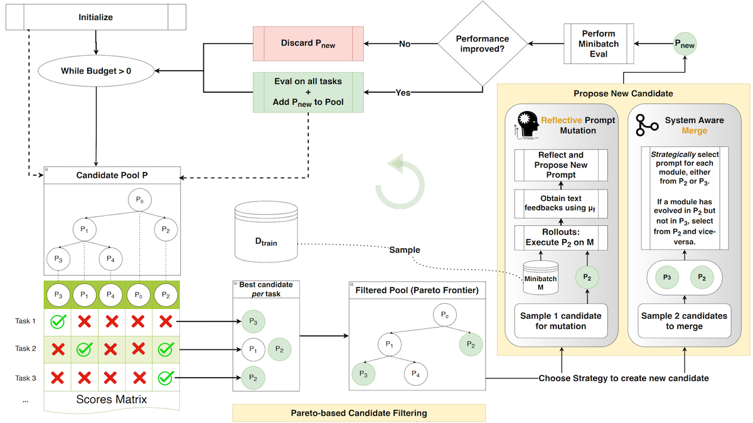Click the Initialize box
click(x=95, y=18)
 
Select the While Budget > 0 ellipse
click(x=95, y=71)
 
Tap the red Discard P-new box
click(x=309, y=43)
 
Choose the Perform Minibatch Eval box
click(x=599, y=43)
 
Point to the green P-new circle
click(x=685, y=44)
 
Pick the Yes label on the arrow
click(x=403, y=92)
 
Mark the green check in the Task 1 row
click(x=58, y=321)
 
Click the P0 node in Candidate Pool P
click(x=139, y=201)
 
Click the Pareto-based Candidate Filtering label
click(x=359, y=412)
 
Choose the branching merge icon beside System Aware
click(x=646, y=126)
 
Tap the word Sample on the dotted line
click(x=405, y=249)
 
